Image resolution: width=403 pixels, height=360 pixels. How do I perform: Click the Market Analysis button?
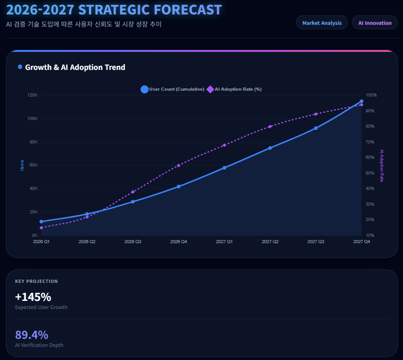[322, 23]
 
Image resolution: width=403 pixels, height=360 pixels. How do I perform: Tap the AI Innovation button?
[375, 23]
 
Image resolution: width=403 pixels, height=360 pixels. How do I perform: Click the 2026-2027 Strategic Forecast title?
[114, 9]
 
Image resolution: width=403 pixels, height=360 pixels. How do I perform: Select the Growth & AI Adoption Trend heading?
[75, 67]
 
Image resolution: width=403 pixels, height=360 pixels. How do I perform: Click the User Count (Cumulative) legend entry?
[172, 89]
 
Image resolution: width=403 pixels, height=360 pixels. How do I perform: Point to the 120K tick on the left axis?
[32, 95]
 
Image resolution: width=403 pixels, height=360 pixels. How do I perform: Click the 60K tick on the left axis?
[34, 165]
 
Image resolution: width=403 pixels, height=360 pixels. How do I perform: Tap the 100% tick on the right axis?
[371, 95]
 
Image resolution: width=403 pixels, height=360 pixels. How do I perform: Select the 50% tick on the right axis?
[370, 173]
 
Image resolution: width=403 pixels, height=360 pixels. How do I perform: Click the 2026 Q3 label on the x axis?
[133, 242]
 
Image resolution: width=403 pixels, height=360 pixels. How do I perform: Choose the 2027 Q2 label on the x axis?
[270, 242]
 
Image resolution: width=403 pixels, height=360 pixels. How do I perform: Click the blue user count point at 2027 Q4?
[361, 102]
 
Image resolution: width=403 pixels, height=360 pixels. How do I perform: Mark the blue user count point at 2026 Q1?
[41, 222]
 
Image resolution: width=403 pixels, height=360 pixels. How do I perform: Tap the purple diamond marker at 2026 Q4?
[179, 166]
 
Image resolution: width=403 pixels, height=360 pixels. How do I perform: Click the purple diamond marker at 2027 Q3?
[316, 114]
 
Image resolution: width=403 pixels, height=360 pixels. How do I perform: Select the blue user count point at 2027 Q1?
[224, 168]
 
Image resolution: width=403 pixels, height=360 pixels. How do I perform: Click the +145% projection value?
[33, 297]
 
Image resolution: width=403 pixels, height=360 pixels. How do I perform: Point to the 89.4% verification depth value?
[32, 335]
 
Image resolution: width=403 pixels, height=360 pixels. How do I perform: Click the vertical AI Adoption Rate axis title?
[382, 166]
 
